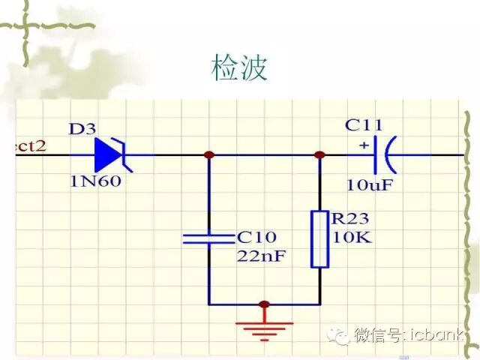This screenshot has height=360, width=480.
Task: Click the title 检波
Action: (x=239, y=68)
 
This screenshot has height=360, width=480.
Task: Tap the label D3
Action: (x=82, y=129)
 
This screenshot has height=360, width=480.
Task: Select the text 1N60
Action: (x=95, y=181)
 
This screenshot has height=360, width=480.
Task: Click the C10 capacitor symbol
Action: (x=209, y=238)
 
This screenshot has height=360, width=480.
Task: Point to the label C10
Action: (x=256, y=237)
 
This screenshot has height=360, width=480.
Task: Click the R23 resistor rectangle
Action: (x=320, y=239)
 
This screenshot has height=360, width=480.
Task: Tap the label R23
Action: (x=350, y=219)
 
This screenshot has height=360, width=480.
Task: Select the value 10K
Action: (x=349, y=238)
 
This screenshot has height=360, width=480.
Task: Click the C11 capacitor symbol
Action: (x=385, y=155)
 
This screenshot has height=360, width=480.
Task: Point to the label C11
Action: (x=364, y=125)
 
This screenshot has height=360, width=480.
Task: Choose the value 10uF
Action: (x=369, y=184)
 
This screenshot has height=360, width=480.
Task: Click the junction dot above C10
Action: (x=209, y=155)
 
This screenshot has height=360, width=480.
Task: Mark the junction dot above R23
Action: (x=319, y=155)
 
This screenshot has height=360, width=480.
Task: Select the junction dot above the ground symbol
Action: (x=263, y=304)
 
